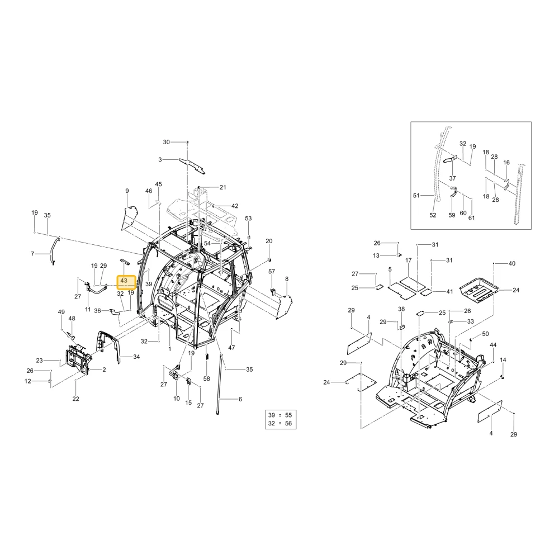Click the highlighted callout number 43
pos(124,281)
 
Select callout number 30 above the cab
pos(167,142)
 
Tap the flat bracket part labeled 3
pos(192,167)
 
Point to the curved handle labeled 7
pos(54,252)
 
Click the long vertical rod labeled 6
pos(219,385)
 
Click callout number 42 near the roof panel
pos(235,206)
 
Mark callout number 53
pos(248,218)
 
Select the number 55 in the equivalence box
pos(288,415)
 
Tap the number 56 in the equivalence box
pos(288,423)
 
